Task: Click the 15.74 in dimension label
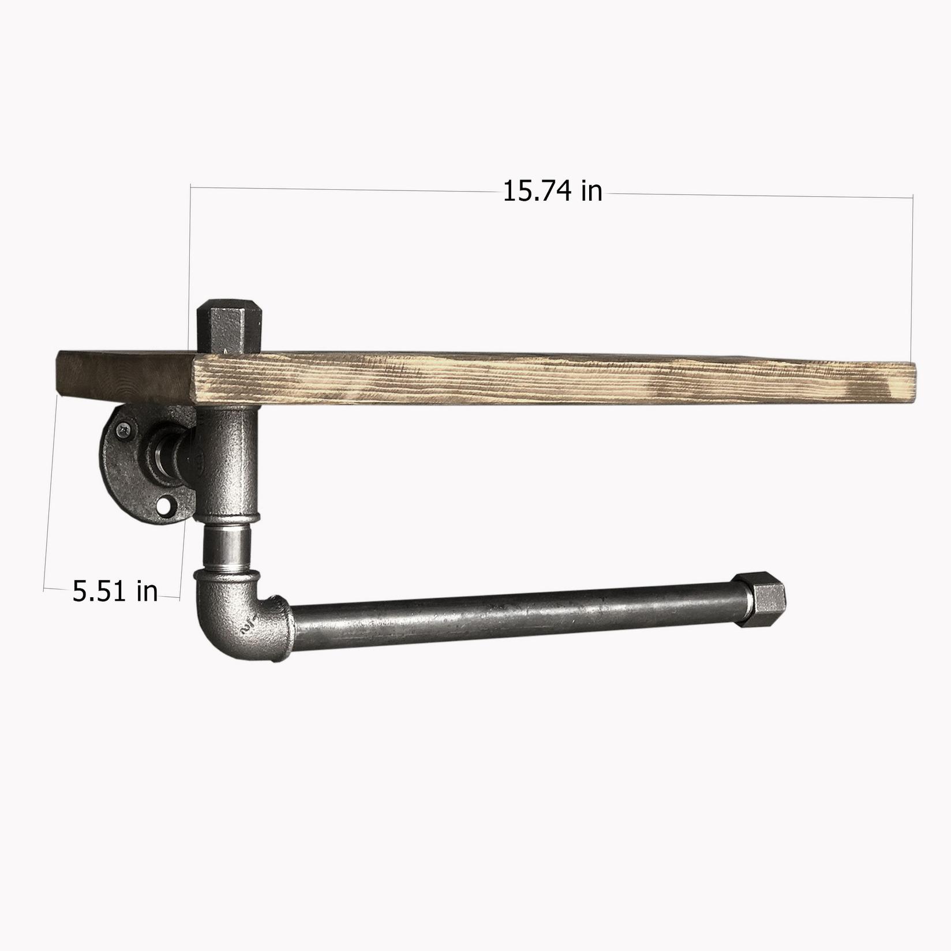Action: point(552,191)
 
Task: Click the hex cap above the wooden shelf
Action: point(230,326)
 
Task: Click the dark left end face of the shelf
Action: point(124,375)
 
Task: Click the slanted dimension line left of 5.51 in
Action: point(51,491)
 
